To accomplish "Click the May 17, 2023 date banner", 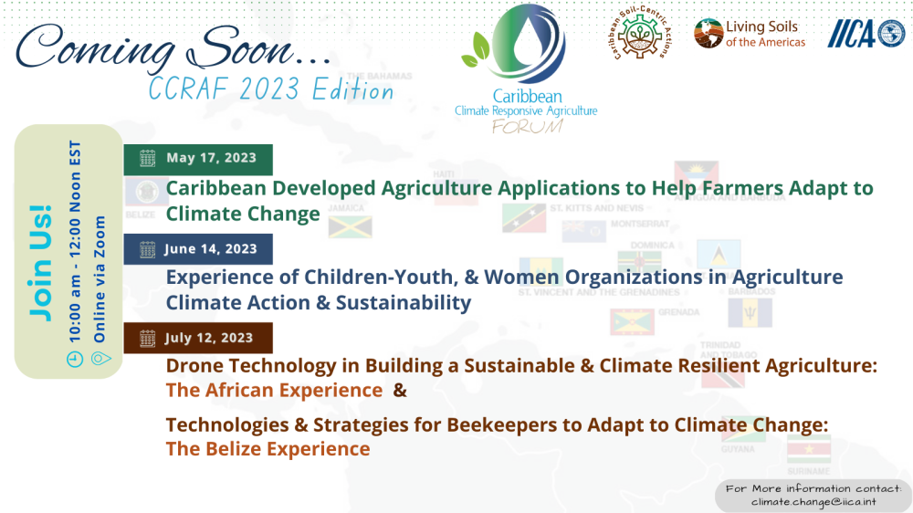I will click(198, 159).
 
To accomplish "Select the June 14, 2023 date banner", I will click(198, 248).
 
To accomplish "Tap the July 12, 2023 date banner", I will click(198, 338).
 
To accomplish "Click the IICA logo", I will click(865, 34).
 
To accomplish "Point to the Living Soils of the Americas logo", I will click(750, 34).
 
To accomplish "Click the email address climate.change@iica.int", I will click(813, 501).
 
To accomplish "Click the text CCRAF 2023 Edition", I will click(272, 89).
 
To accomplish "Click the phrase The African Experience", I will click(273, 391).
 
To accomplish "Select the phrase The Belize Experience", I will click(268, 449).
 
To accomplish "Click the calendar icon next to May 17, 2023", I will click(147, 159).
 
